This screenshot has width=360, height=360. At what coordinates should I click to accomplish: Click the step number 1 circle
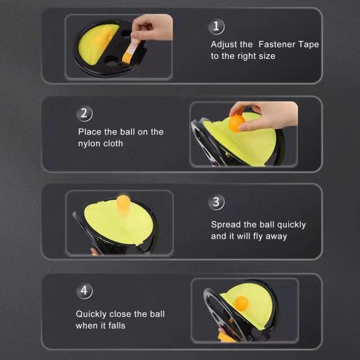(216, 26)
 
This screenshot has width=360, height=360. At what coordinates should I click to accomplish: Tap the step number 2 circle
(84, 114)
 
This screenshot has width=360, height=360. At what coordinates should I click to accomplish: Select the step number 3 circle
(216, 202)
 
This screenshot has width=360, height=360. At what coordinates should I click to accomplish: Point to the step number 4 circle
(84, 291)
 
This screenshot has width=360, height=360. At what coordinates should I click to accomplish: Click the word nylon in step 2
(89, 144)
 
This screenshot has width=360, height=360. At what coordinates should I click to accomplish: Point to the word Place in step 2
(90, 132)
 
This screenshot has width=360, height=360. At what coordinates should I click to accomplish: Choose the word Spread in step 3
(225, 225)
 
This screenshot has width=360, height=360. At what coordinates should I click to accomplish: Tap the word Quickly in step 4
(91, 314)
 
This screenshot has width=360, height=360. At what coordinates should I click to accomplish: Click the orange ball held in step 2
(237, 123)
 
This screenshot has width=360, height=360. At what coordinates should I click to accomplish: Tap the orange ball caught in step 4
(241, 303)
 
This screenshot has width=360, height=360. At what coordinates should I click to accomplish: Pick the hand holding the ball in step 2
(267, 116)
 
